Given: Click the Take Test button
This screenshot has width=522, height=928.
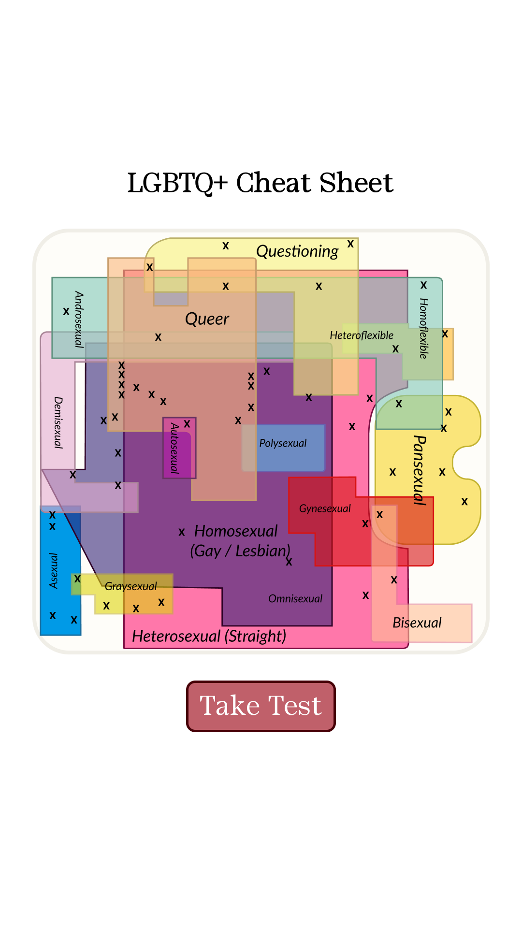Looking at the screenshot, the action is tap(261, 706).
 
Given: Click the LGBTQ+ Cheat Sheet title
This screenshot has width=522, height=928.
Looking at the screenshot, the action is tap(261, 183).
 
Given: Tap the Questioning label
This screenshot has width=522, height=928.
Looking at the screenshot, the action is tap(297, 251).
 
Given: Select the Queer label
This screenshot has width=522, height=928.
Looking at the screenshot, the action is tap(207, 319).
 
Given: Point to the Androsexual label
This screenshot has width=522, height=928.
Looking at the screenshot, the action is tap(79, 319).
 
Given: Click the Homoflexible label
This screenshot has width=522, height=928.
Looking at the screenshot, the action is tap(423, 328).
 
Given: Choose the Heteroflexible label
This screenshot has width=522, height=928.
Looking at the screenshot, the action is tap(362, 335).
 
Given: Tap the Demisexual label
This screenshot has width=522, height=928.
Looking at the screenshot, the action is tap(58, 423).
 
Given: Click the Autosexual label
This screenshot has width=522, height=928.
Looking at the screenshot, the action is tap(174, 448).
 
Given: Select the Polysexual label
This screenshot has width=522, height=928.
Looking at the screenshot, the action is tap(283, 443).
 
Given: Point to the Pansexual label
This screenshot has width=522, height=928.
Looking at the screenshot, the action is tap(420, 470).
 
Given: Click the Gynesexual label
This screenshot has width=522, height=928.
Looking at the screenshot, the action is tap(325, 508).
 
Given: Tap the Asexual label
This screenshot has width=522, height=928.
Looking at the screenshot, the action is tap(54, 571).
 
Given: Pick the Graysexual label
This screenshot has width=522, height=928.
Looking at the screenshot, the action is tap(130, 587).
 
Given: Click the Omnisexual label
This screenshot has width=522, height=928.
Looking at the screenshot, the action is tap(295, 599).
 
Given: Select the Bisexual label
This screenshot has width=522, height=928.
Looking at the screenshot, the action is tap(417, 623).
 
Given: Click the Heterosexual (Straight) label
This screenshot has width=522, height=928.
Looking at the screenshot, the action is tap(209, 636).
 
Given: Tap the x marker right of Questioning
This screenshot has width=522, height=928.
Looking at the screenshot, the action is tap(350, 244).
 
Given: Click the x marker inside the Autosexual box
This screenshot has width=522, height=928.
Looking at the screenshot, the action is tap(187, 424).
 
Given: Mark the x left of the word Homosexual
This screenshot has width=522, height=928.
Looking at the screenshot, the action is tap(182, 532).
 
